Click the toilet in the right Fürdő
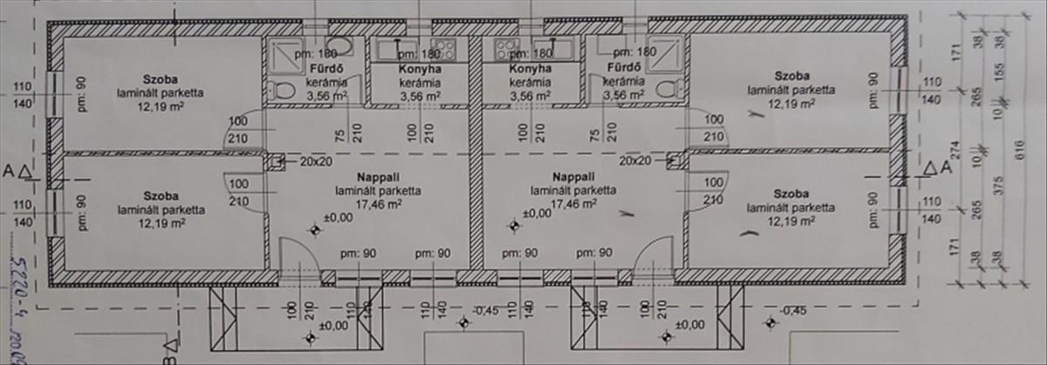(667, 88)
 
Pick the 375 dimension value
(1000, 187)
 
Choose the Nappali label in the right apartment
(573, 177)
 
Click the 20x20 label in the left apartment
(316, 162)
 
